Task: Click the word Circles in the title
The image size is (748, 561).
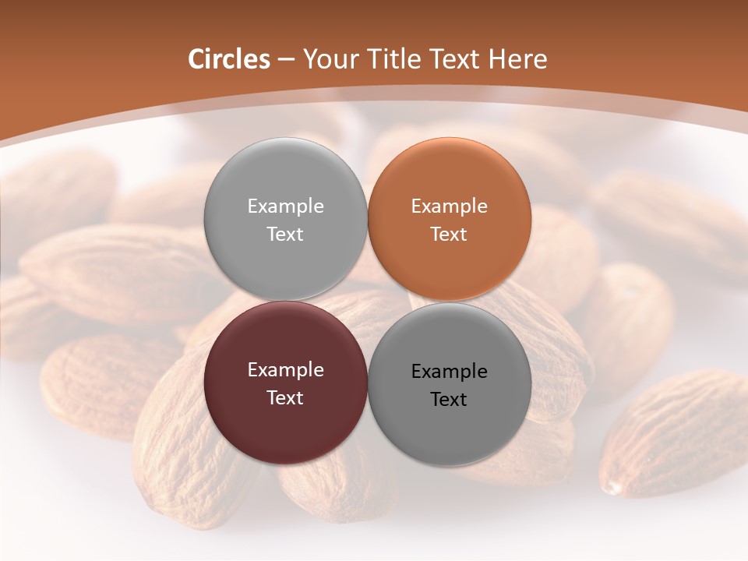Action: tap(228, 59)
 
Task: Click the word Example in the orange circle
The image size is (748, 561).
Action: tap(450, 206)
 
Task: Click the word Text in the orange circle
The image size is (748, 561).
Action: tap(450, 235)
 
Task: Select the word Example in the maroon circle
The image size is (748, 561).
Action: tap(285, 370)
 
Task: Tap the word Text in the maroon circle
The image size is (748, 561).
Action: tap(285, 398)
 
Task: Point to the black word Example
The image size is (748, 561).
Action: tap(450, 372)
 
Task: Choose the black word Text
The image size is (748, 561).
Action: tap(450, 400)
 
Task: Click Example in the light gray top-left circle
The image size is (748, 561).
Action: tap(285, 206)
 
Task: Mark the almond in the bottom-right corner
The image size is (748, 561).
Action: tap(674, 436)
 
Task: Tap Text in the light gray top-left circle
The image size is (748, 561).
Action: tap(285, 235)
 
